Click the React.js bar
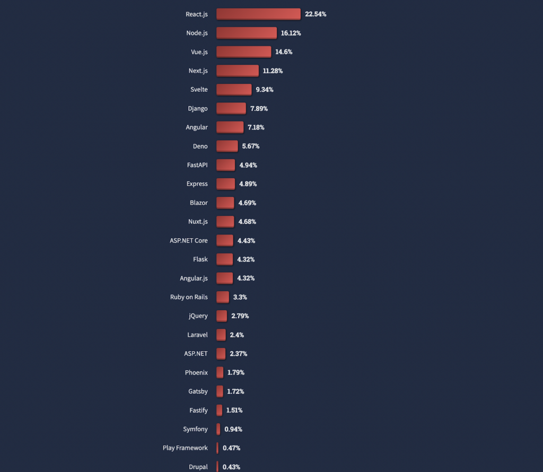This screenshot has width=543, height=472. coord(258,14)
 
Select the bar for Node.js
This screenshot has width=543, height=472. coord(247,33)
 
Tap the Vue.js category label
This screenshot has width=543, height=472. coord(199,52)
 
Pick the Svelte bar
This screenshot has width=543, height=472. coord(234,90)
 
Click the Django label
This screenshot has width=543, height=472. coord(198,109)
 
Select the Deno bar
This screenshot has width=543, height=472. coord(227,146)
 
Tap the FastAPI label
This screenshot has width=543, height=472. coord(197,165)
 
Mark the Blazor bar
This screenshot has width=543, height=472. coord(225,203)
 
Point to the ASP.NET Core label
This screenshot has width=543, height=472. coord(189,241)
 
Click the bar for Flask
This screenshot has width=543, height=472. coord(224,259)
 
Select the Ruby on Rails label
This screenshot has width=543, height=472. coord(189,297)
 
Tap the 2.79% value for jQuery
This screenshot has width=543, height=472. coord(240,316)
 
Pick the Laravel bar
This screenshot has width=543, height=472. coord(221,335)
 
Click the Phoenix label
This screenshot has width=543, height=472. coord(196,373)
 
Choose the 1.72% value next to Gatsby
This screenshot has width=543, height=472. coord(235,391)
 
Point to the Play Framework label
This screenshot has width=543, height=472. coord(185,448)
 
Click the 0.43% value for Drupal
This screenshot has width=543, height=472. coord(231,467)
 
